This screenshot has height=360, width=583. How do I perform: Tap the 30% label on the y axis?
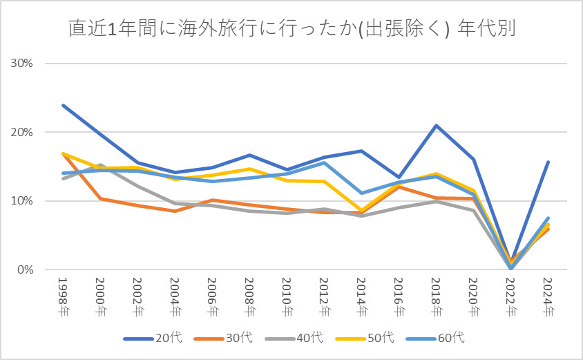21,64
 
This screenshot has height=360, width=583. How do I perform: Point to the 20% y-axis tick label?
21,133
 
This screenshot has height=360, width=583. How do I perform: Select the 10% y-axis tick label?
21,201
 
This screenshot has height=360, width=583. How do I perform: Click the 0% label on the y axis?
25,270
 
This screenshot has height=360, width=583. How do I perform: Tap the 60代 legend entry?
437,339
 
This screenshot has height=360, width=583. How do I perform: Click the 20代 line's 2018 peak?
437,125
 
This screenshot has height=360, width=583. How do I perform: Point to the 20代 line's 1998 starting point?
64,105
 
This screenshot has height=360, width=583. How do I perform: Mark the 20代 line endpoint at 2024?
548,162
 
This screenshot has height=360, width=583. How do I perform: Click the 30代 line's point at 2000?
101,199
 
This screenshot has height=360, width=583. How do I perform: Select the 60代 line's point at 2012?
325,162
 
